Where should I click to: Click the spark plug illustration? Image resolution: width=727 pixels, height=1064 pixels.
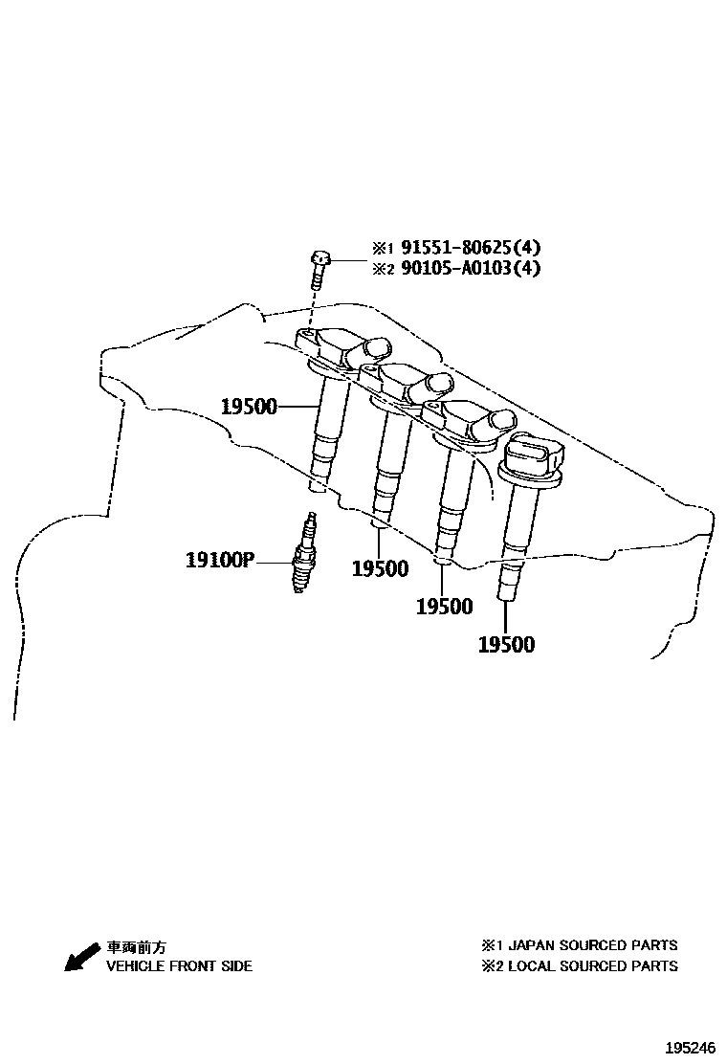[305, 554]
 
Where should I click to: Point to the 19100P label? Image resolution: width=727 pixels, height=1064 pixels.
[219, 559]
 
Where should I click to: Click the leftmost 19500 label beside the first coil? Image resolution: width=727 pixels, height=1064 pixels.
[249, 407]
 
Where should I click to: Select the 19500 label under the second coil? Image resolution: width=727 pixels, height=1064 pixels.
[380, 569]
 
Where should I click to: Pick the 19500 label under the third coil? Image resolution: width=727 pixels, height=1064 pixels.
[444, 606]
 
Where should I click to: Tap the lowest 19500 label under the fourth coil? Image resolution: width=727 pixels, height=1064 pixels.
[506, 644]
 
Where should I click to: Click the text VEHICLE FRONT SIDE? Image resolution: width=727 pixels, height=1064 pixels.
[179, 966]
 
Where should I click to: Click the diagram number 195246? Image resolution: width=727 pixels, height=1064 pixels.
[691, 1049]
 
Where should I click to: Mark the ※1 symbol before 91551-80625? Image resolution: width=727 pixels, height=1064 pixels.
[383, 249]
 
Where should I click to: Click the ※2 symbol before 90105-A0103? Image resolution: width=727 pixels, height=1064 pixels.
[383, 269]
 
